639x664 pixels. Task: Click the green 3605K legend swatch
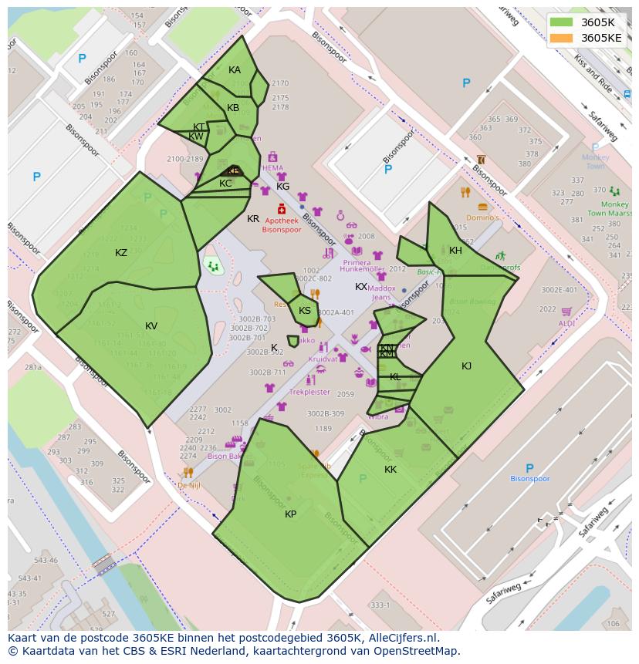(561, 22)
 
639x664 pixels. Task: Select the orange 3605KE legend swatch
(561, 38)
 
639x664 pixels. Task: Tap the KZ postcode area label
(121, 253)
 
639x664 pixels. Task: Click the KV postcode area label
(151, 326)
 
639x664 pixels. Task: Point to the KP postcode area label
(290, 514)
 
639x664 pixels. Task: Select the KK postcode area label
(390, 470)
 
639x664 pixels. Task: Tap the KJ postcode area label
(466, 366)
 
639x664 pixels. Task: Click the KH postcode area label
(455, 251)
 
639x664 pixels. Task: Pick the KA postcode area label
(235, 70)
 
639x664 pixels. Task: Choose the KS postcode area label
(305, 311)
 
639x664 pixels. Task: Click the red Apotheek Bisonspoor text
(282, 225)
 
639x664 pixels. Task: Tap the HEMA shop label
(272, 168)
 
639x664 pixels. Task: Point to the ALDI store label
(566, 323)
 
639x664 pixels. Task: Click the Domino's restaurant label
(482, 218)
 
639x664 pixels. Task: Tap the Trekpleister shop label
(309, 392)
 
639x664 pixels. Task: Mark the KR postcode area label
(253, 219)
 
